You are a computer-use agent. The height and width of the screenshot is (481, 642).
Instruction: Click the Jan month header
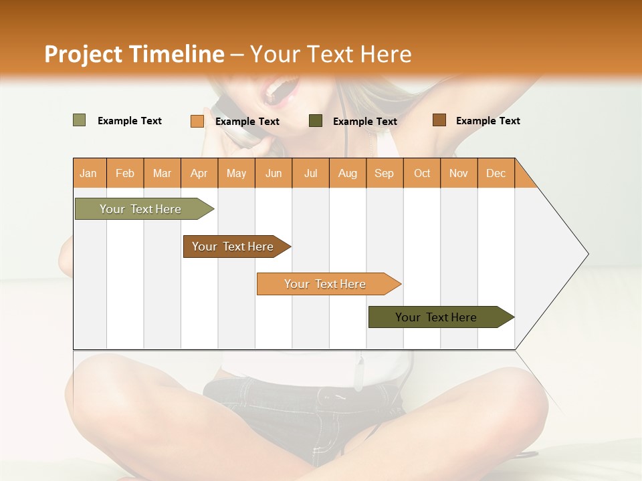pos(88,173)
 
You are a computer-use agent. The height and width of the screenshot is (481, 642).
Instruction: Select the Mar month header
pos(162,173)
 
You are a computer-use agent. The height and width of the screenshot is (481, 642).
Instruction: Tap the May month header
pos(236,173)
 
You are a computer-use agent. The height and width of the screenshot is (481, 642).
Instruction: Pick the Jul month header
pos(310,173)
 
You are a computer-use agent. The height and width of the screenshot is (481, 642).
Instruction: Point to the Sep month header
pos(384,173)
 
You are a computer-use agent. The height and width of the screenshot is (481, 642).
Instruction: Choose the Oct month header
pos(422,173)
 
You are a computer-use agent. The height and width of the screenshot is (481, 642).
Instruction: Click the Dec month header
pos(496,173)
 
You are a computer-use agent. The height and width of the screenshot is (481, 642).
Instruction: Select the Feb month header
pos(125,173)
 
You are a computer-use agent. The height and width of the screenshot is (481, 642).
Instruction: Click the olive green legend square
pos(79,120)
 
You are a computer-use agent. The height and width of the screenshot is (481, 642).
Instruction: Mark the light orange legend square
pos(197,121)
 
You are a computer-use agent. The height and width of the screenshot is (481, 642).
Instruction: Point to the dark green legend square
pos(316,121)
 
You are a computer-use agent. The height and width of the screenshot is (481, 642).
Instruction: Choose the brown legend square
pos(439,120)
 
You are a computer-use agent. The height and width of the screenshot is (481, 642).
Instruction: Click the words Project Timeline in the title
pos(134,54)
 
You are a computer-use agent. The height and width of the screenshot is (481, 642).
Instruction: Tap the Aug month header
pos(348,173)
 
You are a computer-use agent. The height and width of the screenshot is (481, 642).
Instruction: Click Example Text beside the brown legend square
pos(488,121)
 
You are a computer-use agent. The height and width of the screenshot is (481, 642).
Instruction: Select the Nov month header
pos(459,173)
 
